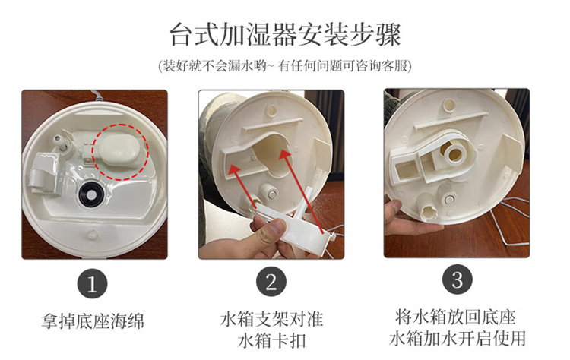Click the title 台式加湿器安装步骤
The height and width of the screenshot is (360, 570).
click(285, 35)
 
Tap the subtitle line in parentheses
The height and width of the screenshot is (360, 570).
click(285, 66)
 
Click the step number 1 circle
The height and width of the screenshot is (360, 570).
click(92, 284)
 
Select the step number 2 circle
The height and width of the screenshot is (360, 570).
click(271, 282)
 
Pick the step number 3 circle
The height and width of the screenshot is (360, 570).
click(457, 279)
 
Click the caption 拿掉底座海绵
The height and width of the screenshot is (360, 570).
click(93, 321)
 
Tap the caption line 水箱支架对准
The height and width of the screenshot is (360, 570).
click(271, 319)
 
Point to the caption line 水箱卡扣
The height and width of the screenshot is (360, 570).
click(272, 341)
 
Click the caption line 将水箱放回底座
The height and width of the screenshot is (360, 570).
click(456, 317)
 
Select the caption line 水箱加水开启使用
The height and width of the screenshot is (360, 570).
click(458, 339)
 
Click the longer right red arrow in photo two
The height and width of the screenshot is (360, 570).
click(301, 191)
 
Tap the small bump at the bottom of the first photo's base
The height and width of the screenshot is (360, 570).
click(92, 235)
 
